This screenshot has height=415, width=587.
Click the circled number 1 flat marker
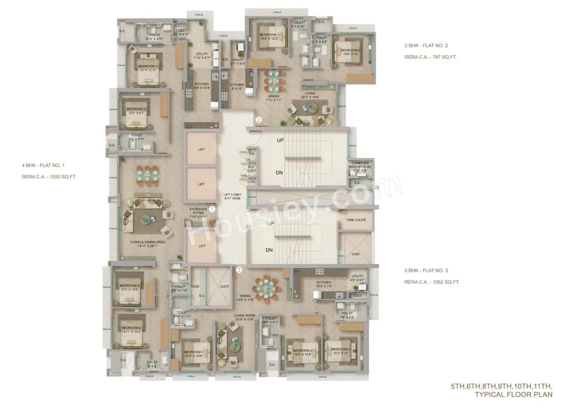(212, 209)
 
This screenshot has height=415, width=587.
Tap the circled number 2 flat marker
(259, 120)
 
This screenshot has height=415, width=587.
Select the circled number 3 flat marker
(238, 270)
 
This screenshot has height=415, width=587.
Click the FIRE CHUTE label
(356, 220)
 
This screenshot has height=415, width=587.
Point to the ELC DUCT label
(251, 169)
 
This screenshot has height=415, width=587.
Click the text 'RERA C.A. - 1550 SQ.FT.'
(49, 176)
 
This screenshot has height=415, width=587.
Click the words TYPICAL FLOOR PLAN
(513, 394)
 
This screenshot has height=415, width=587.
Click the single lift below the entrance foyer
(201, 246)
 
